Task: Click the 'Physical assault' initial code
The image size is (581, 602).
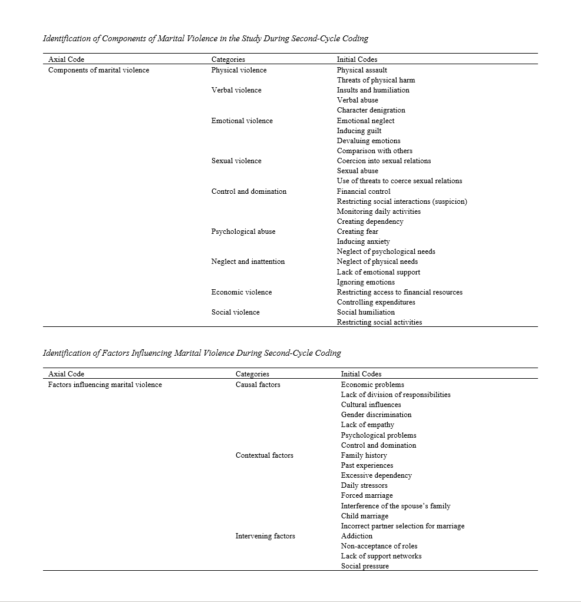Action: coord(362,70)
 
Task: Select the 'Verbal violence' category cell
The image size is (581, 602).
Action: coord(236,90)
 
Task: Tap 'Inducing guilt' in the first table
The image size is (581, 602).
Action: coord(359,131)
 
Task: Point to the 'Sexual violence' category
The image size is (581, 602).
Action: coord(236,161)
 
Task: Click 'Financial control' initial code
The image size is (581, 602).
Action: coord(364,191)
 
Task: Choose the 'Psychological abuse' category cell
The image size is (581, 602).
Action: coord(243,231)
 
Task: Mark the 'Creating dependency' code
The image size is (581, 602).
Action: coord(370,221)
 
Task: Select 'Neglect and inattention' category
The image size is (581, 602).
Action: coord(248,262)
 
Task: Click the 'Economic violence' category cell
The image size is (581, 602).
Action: coord(242,292)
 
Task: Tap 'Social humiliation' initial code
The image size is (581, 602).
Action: coord(366,312)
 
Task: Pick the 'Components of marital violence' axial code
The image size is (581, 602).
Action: coord(98,70)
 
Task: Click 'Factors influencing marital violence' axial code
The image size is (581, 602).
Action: coord(105,385)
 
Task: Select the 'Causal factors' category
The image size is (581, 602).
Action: coord(258,385)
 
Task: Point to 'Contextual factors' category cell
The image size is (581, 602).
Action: coord(265,455)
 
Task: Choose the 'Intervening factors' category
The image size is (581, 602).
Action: coord(265,536)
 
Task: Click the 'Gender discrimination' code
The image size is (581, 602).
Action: coord(376,415)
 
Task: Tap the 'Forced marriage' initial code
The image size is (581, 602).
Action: coord(367,495)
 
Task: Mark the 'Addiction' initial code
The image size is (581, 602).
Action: coord(356,536)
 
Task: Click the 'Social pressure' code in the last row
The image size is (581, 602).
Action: coord(365,566)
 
